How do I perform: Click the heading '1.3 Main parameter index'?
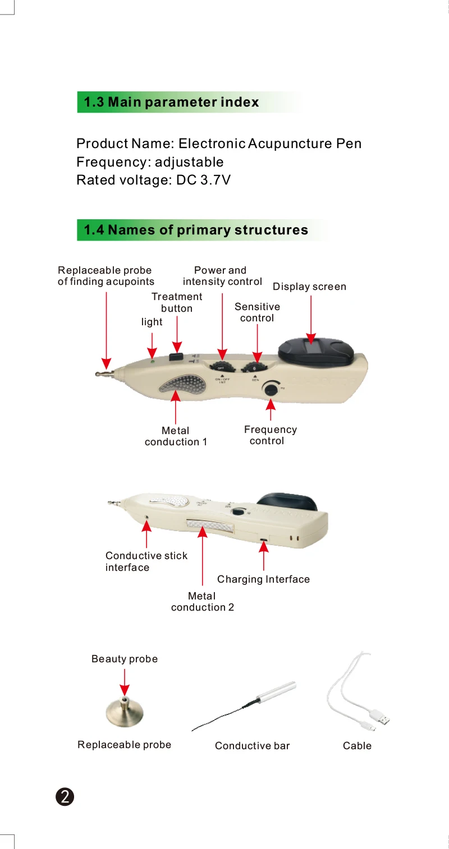pos(171,102)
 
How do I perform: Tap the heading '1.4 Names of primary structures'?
pos(196,230)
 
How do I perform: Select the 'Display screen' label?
pos(309,287)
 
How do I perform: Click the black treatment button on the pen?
pos(177,356)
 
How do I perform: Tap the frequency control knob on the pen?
pos(271,389)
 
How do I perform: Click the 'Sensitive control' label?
pos(257,312)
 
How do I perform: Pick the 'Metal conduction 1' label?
pos(176,436)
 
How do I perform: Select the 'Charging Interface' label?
pos(263,579)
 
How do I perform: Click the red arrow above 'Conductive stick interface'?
pos(146,534)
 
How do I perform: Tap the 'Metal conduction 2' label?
pos(202,602)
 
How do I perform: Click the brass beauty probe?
pos(125,712)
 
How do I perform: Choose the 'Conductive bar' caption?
pos(252,746)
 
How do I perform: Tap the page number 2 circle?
pos(65,797)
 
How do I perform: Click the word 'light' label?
pos(152,322)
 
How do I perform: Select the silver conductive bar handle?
pos(276,690)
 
